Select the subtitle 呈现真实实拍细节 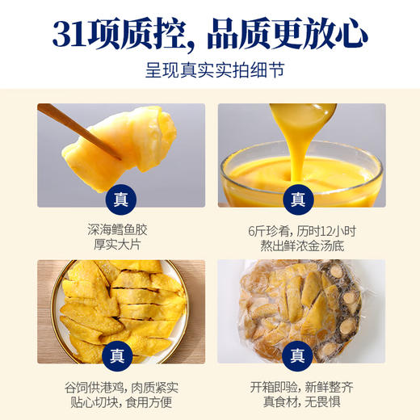(209, 69)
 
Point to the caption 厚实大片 (120, 244)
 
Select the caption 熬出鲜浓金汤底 (298, 244)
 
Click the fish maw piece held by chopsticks (141, 141)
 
